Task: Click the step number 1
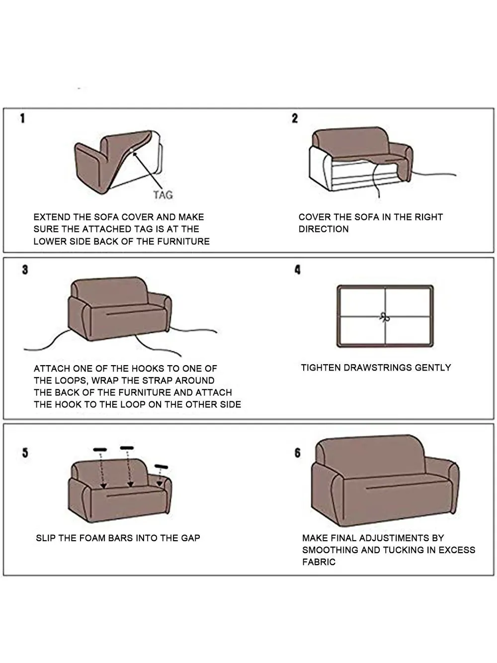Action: click(22, 118)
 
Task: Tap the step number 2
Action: click(295, 118)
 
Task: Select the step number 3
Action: click(25, 270)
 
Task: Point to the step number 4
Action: click(297, 270)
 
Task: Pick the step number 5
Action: click(25, 453)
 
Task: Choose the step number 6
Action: click(297, 453)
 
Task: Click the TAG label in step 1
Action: click(163, 195)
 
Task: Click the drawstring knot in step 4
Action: click(383, 316)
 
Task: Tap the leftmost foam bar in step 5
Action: click(100, 450)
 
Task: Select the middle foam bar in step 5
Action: click(127, 448)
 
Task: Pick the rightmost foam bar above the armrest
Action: click(162, 467)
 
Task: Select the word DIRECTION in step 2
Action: click(324, 229)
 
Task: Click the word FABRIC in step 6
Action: click(319, 562)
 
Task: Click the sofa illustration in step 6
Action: click(383, 477)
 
